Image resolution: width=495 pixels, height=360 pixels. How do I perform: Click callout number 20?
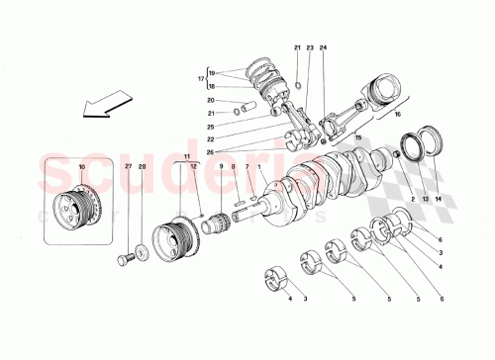click(212, 100)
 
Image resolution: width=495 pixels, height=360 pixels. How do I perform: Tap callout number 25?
click(212, 127)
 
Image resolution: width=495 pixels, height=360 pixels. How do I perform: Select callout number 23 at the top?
click(310, 48)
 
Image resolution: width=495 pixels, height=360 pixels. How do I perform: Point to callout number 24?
click(323, 48)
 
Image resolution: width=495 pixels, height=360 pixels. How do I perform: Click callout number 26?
click(212, 151)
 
